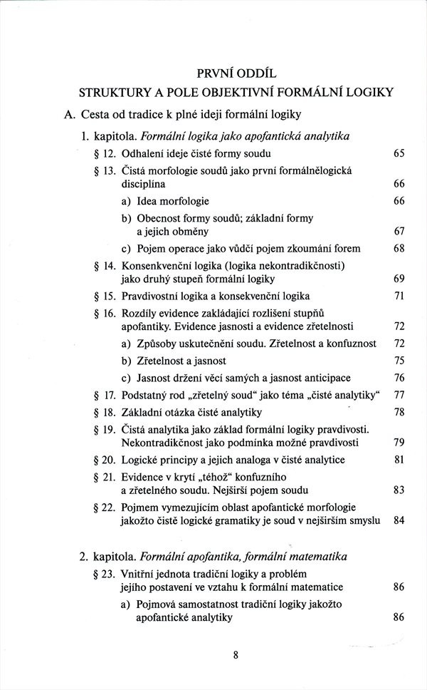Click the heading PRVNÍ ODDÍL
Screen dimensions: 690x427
tap(239, 72)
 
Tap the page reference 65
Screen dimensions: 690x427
tap(399, 154)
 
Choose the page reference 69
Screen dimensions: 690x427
tap(399, 278)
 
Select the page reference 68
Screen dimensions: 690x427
tap(399, 249)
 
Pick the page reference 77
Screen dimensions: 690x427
tap(399, 395)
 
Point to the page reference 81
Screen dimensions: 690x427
tap(399, 460)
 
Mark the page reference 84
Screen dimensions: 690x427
tap(399, 520)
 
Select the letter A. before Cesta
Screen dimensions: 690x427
tap(69, 114)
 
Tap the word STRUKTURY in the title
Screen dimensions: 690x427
tap(114, 92)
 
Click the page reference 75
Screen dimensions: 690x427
tap(399, 361)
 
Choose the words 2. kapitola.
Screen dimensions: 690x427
tap(107, 556)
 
